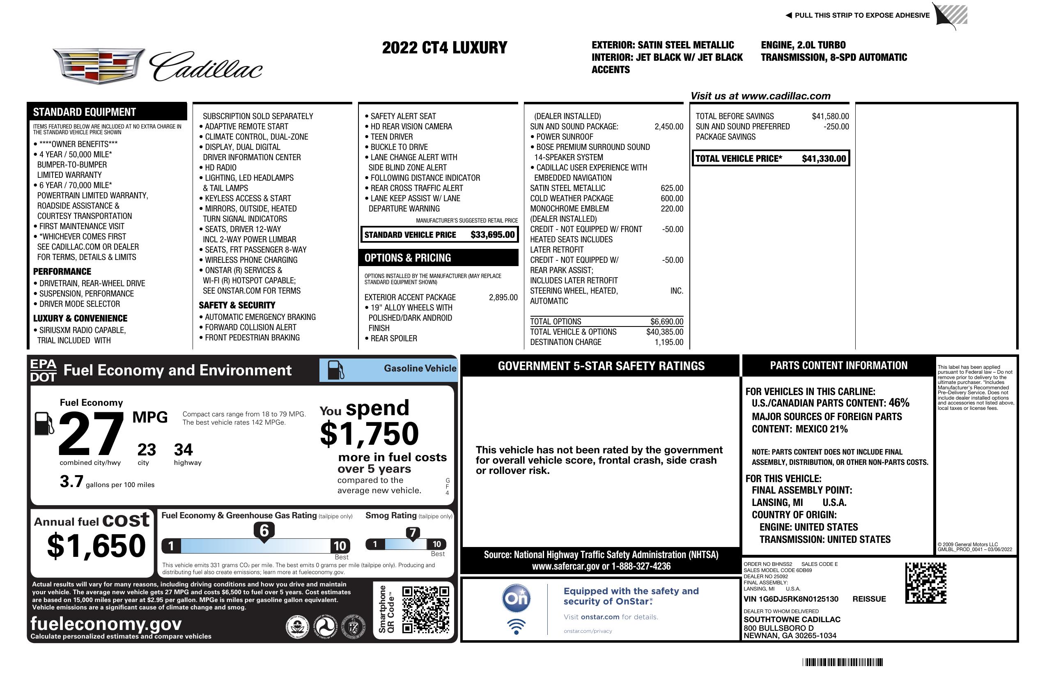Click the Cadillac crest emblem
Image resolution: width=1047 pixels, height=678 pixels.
99,66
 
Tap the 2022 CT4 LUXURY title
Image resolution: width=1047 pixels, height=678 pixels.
444,48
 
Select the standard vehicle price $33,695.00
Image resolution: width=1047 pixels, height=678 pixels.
492,234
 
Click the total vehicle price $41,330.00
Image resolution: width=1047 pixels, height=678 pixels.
824,159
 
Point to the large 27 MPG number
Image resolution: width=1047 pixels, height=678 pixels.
91,434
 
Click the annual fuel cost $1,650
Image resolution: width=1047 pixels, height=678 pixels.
96,546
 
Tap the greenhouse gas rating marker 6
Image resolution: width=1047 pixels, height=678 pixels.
264,531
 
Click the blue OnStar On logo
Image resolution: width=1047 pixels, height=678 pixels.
516,599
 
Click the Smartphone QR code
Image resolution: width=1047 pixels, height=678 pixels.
425,609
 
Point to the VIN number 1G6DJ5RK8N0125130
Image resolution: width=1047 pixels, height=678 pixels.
790,599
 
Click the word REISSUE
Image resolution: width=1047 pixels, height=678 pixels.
869,599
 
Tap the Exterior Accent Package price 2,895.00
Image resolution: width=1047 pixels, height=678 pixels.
503,297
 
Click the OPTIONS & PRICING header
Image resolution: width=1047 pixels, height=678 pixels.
407,258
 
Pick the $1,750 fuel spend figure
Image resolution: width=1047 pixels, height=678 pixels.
369,434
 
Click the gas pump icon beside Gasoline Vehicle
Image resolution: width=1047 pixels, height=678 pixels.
336,370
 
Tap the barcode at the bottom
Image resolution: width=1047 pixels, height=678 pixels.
842,662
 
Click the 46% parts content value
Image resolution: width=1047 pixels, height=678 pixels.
898,402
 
